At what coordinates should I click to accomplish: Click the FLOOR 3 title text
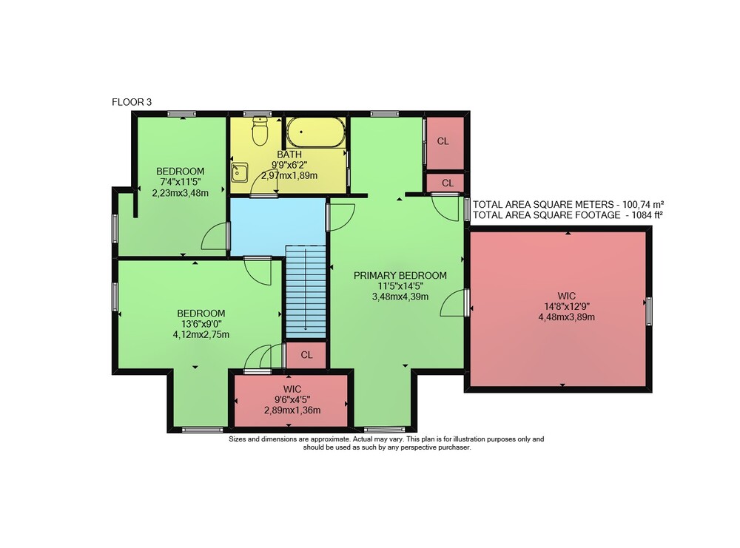click(132, 102)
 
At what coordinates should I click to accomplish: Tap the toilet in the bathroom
click(260, 131)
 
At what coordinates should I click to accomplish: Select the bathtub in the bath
click(316, 132)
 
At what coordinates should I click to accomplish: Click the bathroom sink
click(240, 172)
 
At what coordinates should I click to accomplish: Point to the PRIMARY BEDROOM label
click(400, 275)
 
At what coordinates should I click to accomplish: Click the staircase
click(306, 291)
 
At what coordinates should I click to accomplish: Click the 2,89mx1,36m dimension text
click(292, 410)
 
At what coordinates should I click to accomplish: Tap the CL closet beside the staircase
click(307, 355)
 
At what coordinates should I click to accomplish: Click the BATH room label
click(289, 155)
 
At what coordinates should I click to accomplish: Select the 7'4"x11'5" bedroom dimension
click(181, 182)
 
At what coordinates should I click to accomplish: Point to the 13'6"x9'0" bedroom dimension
click(201, 324)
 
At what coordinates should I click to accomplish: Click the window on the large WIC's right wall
click(649, 311)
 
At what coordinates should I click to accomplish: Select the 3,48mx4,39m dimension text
click(400, 297)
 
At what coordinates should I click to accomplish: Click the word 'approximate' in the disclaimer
click(329, 439)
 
